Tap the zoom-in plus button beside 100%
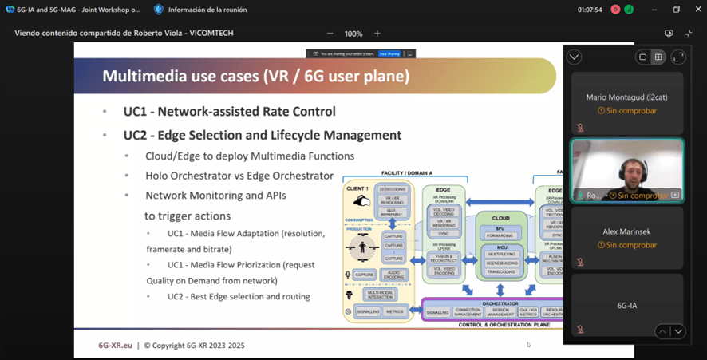click(x=377, y=34)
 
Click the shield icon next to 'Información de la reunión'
click(x=159, y=10)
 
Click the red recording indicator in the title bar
click(x=615, y=10)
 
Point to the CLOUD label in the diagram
click(x=501, y=217)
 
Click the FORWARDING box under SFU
click(x=501, y=235)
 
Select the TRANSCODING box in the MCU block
click(x=501, y=272)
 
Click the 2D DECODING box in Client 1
click(x=395, y=189)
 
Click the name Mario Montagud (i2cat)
click(x=626, y=97)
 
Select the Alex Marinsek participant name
click(x=626, y=232)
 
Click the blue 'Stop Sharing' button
click(x=389, y=53)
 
